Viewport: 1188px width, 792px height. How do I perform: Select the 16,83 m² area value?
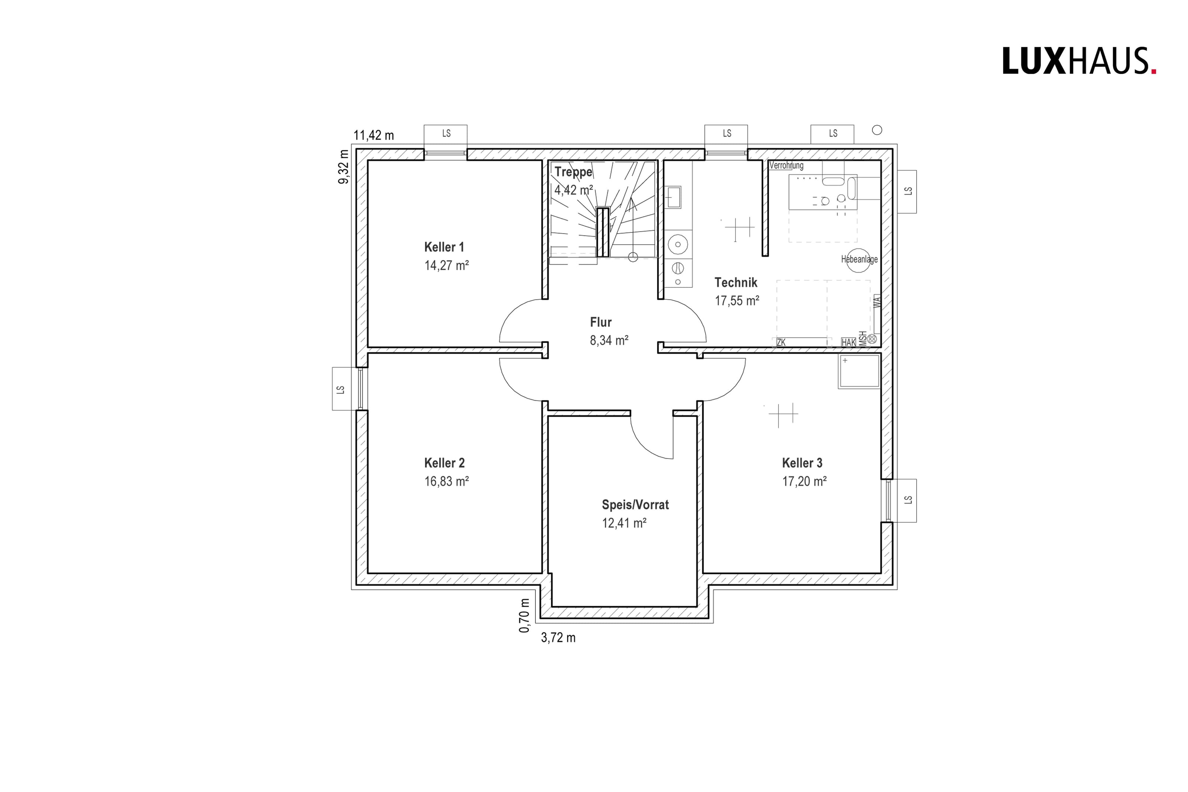pos(446,481)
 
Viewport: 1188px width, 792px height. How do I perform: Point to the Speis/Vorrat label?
pos(635,505)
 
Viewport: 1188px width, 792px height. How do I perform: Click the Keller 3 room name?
pos(802,463)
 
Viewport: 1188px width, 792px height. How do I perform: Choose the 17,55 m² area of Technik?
pos(737,300)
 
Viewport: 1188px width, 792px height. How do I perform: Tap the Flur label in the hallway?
pos(601,322)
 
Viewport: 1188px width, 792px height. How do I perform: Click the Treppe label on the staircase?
pos(574,172)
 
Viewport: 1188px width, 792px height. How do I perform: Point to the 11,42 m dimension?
pos(373,136)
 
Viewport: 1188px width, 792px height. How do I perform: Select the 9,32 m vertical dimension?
pos(344,167)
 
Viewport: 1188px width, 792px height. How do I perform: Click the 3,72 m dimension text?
pos(558,638)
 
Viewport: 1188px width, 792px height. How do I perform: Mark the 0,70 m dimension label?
pos(525,615)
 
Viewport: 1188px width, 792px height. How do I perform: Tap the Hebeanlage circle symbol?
pos(858,261)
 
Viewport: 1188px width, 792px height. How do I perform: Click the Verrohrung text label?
pos(786,165)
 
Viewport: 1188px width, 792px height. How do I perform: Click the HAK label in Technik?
pos(849,342)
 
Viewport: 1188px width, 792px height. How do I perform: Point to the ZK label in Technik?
pos(781,342)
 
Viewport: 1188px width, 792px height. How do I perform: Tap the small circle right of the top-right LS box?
pos(877,130)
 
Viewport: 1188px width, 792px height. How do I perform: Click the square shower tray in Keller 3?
pos(859,371)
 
